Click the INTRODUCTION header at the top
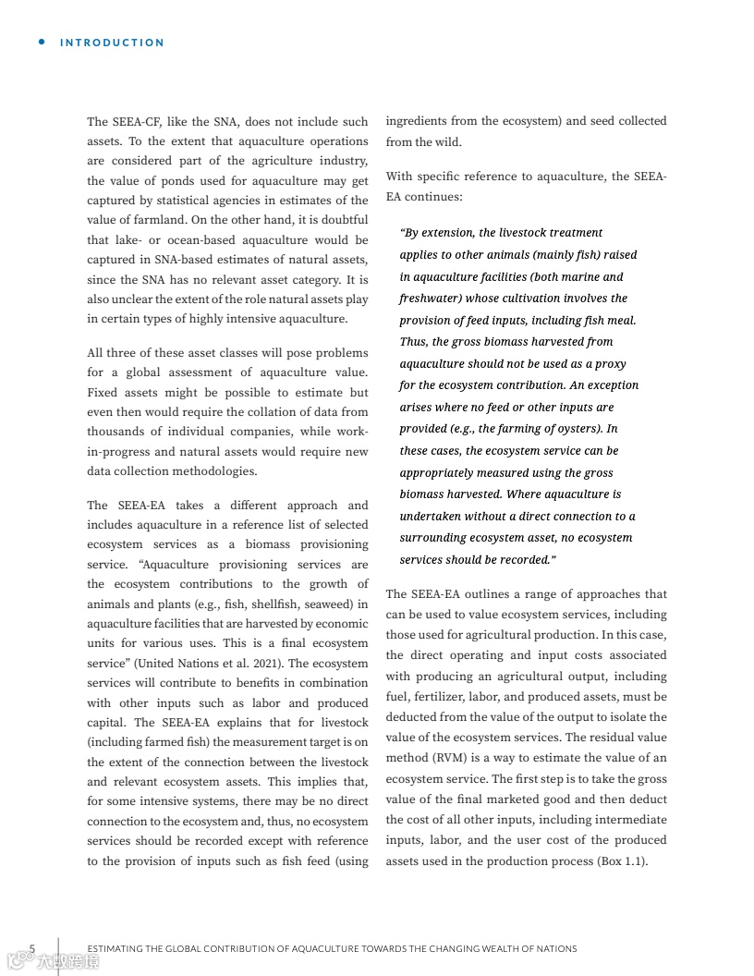click(x=112, y=43)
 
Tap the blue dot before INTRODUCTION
click(x=42, y=42)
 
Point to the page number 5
click(x=32, y=948)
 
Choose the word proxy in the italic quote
click(x=611, y=363)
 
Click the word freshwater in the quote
click(x=431, y=299)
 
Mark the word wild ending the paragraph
click(x=446, y=142)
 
